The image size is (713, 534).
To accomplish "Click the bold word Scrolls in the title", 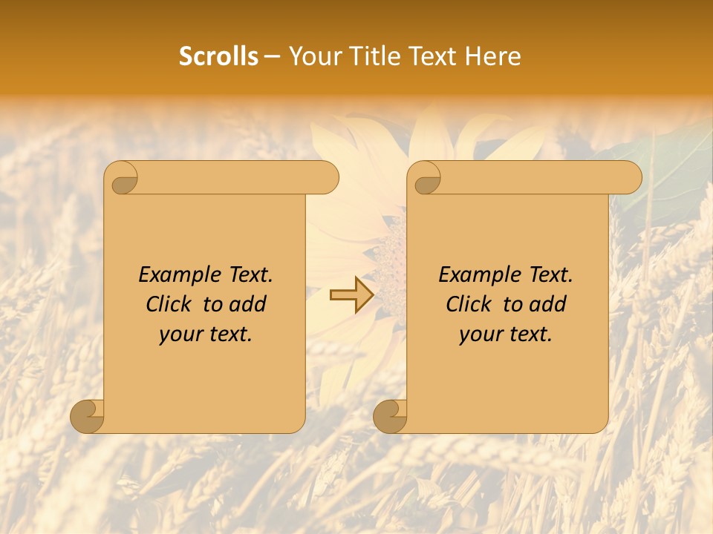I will pos(218,56).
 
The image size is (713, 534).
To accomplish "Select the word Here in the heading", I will pos(492,56).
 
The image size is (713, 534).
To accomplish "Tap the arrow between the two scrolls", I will pos(351,295).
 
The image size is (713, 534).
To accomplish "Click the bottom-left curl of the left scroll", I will pos(88,416).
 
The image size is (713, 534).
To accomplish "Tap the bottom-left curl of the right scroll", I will pos(391,416).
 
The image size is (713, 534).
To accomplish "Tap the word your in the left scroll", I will pos(180,334).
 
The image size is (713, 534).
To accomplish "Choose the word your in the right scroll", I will pos(481,334).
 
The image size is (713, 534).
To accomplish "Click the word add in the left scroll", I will pos(247,304).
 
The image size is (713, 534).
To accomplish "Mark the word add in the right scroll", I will pos(547,304).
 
